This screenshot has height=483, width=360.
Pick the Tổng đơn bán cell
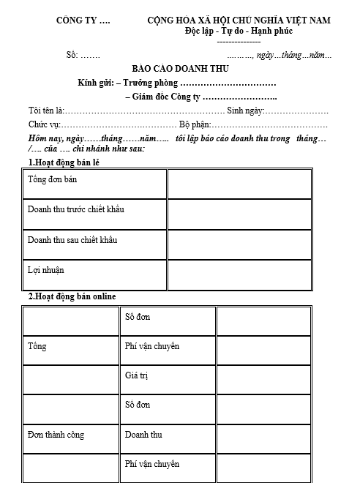(x=53, y=179)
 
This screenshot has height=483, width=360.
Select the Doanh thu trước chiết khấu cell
(x=75, y=209)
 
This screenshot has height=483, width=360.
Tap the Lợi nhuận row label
(x=46, y=270)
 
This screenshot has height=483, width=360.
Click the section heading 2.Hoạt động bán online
(x=72, y=296)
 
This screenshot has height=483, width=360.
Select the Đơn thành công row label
(x=56, y=435)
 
